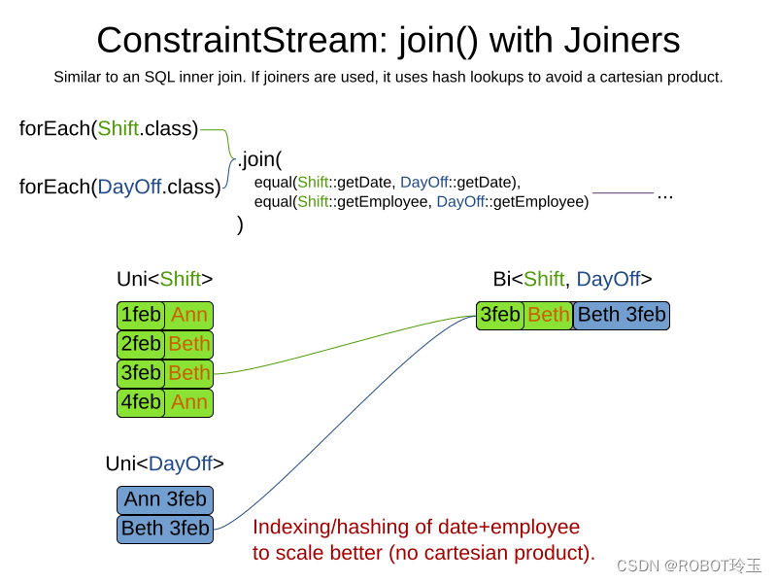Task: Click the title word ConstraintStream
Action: coord(228,41)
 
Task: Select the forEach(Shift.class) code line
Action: coord(109,128)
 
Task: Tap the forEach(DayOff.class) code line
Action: coord(119,187)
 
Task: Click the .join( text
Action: coord(259,159)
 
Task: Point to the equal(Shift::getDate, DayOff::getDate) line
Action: coord(388,182)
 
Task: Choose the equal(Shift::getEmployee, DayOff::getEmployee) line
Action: coord(422,202)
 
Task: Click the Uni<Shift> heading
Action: coord(164,279)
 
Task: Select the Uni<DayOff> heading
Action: coord(164,463)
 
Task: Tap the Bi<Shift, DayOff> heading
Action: coord(572,279)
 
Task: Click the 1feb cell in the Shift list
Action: coord(141,316)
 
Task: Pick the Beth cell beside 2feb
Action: coord(188,345)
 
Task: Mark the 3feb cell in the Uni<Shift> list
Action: coord(141,373)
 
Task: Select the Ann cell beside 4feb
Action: coord(188,402)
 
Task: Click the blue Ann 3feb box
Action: coord(164,500)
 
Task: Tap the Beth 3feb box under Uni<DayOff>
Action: coord(164,529)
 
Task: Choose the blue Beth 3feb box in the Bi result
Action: coord(622,316)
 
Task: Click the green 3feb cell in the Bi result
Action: coord(500,316)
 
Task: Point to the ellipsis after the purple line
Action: coord(665,194)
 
